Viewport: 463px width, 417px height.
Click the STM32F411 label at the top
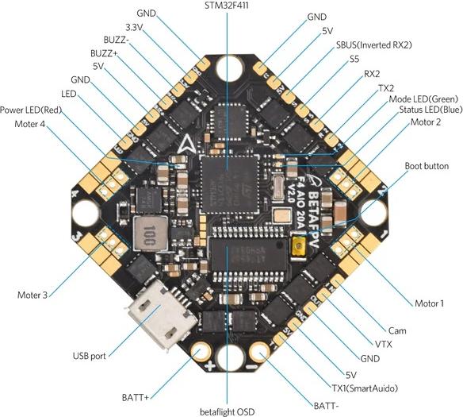(227, 5)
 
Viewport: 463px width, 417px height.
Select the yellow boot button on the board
(300, 245)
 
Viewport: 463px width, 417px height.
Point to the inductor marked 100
(150, 233)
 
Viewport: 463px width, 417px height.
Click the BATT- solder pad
(259, 351)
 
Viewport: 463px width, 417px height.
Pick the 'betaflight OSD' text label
(227, 411)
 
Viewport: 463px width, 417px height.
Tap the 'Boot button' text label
(427, 166)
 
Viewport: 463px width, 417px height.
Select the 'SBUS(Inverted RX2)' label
(374, 45)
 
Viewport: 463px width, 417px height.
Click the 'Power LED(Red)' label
(31, 110)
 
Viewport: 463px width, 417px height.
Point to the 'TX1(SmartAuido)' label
(365, 388)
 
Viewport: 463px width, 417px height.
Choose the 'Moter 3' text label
(33, 295)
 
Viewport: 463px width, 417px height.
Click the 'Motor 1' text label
(429, 303)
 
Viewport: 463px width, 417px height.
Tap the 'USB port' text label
(89, 356)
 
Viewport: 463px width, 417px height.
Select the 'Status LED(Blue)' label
(430, 110)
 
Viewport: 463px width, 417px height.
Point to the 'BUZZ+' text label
(104, 53)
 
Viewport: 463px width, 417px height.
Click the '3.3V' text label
(134, 28)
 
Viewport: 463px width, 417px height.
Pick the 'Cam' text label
(397, 330)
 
